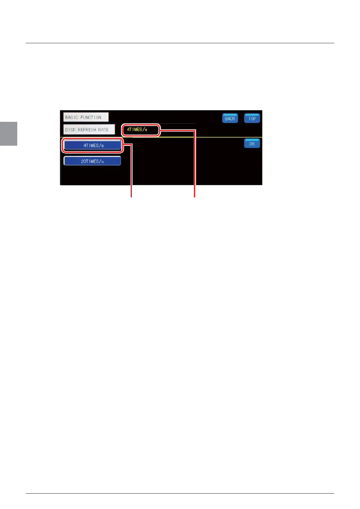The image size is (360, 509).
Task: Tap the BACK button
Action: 230,118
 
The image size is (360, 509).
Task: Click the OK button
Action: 252,144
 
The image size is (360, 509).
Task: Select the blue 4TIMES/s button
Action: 93,145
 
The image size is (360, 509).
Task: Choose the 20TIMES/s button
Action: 92,161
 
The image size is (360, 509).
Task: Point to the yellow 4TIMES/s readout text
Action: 137,129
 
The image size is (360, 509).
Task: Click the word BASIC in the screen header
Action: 72,117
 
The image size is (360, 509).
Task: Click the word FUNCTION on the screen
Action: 91,117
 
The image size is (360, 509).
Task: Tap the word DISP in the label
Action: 70,130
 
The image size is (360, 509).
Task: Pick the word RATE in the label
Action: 103,130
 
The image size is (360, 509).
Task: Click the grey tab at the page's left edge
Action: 8,134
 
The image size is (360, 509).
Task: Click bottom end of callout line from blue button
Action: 132,197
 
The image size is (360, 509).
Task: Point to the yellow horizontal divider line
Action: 212,137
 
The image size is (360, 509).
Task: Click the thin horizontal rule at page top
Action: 180,43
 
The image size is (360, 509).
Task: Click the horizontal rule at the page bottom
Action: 180,494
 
